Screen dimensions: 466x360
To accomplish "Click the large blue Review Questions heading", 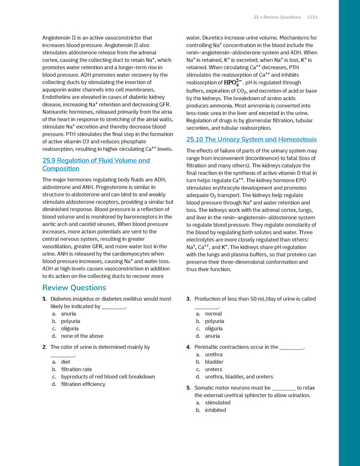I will (x=74, y=288).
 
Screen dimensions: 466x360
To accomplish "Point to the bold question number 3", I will (x=188, y=299).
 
